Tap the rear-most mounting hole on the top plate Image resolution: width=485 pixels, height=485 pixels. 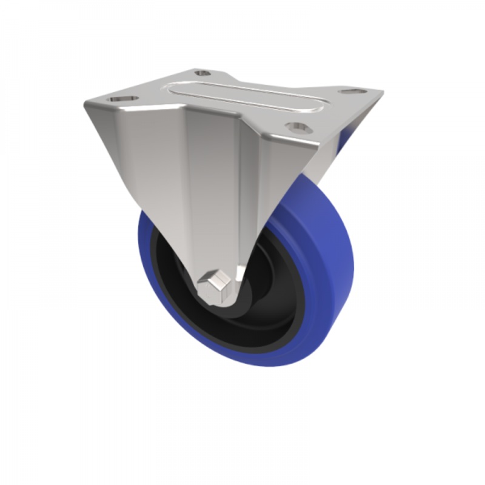(x=202, y=73)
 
